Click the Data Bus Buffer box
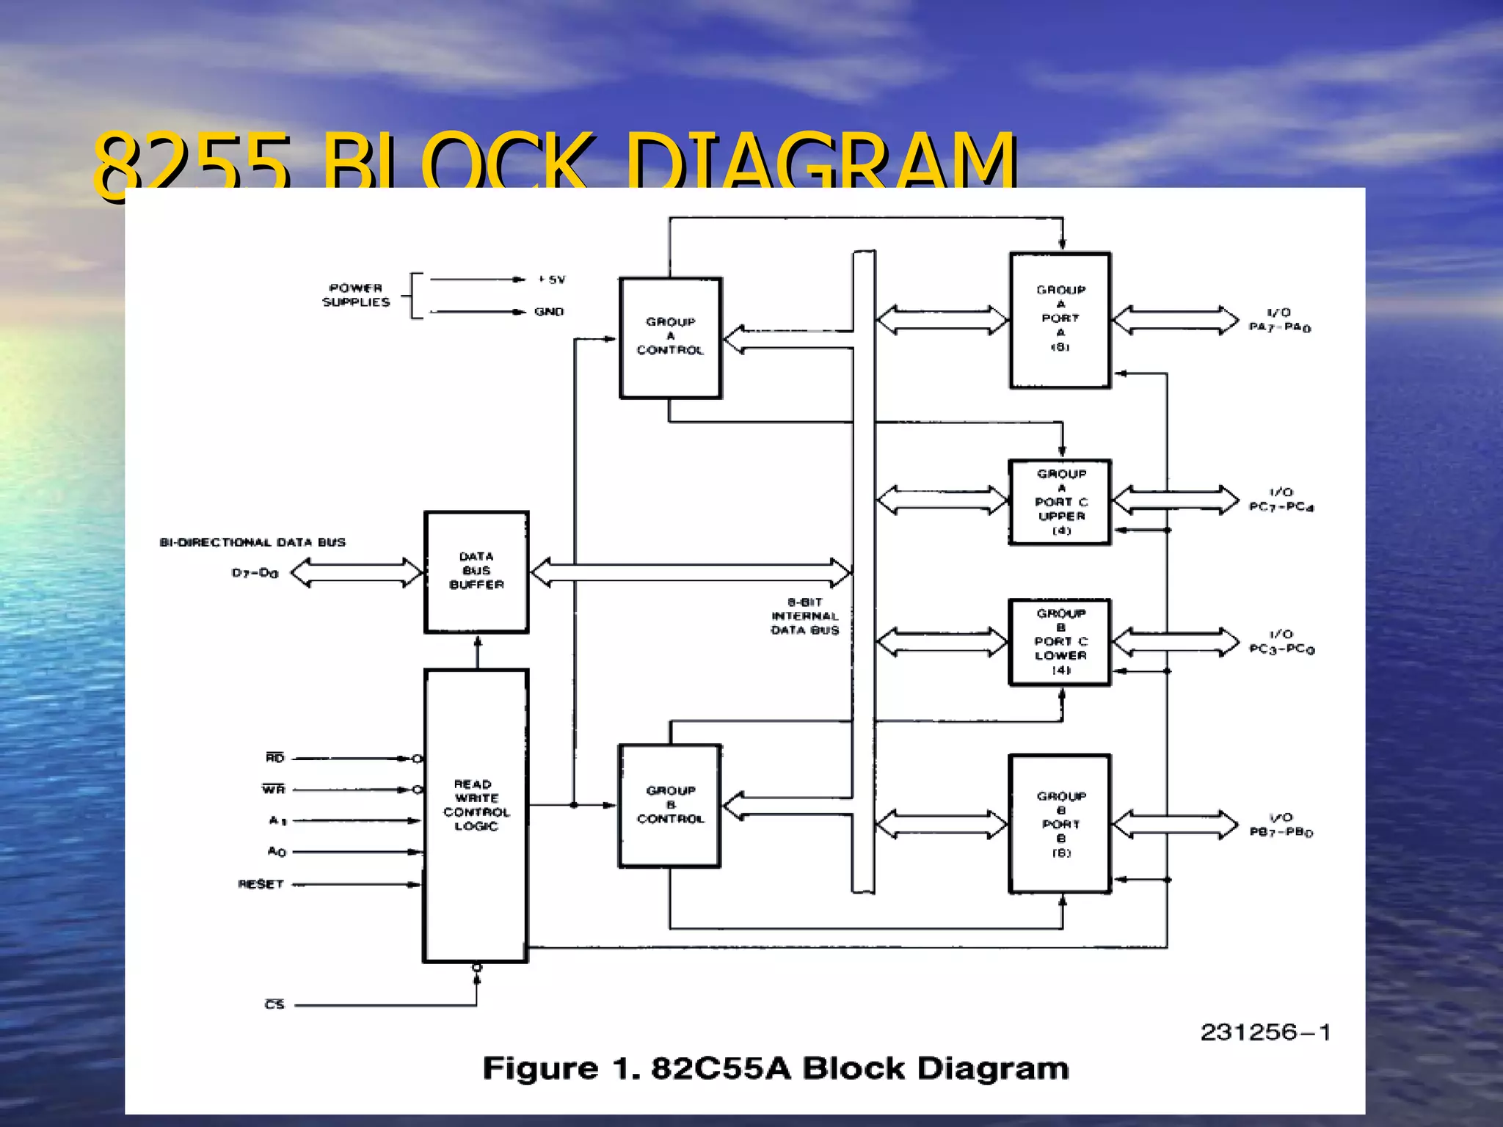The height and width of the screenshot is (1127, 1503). click(476, 572)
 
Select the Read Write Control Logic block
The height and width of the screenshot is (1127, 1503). click(476, 814)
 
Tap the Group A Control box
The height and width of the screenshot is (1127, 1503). click(670, 338)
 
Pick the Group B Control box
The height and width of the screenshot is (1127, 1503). click(669, 806)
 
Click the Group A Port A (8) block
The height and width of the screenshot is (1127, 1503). click(1060, 320)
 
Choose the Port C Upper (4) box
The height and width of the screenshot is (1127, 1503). click(1060, 503)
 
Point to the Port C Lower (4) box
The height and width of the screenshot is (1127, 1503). click(1060, 642)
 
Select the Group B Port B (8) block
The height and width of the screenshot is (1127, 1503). click(1060, 824)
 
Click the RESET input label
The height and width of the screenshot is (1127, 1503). click(261, 884)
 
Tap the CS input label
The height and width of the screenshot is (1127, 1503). click(274, 1004)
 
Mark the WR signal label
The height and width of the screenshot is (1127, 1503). click(273, 789)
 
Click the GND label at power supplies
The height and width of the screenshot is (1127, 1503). click(549, 312)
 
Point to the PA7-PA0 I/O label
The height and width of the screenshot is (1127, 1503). click(1280, 321)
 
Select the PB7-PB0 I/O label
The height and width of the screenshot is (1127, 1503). click(1281, 825)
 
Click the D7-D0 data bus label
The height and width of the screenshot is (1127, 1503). click(255, 573)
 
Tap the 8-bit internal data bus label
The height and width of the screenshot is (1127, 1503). click(804, 616)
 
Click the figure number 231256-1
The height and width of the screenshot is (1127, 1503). click(1265, 1032)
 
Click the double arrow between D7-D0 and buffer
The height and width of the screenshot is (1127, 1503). click(357, 572)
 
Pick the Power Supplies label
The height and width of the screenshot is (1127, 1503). click(356, 295)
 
